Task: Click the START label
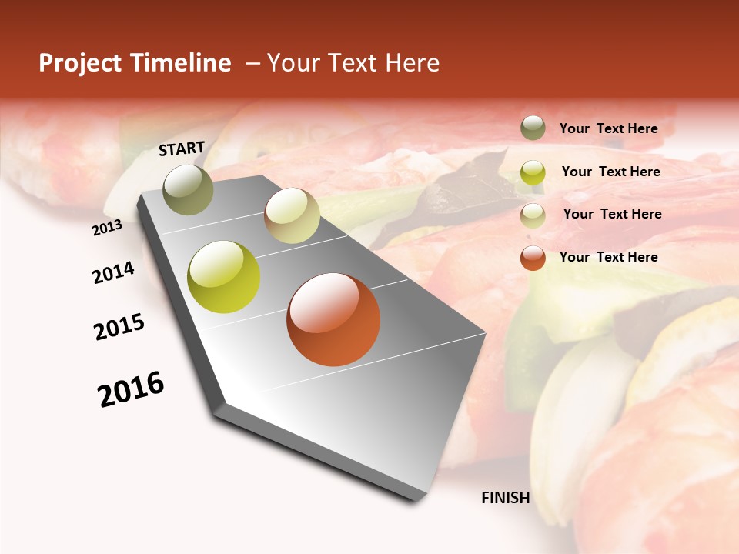[182, 149]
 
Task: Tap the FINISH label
[506, 498]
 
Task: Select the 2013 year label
[108, 227]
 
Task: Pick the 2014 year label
[114, 272]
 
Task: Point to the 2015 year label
[119, 327]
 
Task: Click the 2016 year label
[132, 389]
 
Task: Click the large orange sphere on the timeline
[333, 319]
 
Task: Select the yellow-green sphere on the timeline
[223, 277]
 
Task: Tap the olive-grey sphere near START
[189, 189]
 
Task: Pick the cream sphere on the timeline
[292, 215]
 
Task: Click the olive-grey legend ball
[533, 128]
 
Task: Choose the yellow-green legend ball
[533, 172]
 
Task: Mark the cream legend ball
[533, 215]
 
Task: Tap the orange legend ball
[533, 258]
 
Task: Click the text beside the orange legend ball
[608, 257]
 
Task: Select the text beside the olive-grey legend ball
[608, 128]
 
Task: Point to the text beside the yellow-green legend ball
[610, 172]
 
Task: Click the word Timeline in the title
[185, 63]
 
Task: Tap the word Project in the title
[80, 63]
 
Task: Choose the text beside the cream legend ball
[612, 214]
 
